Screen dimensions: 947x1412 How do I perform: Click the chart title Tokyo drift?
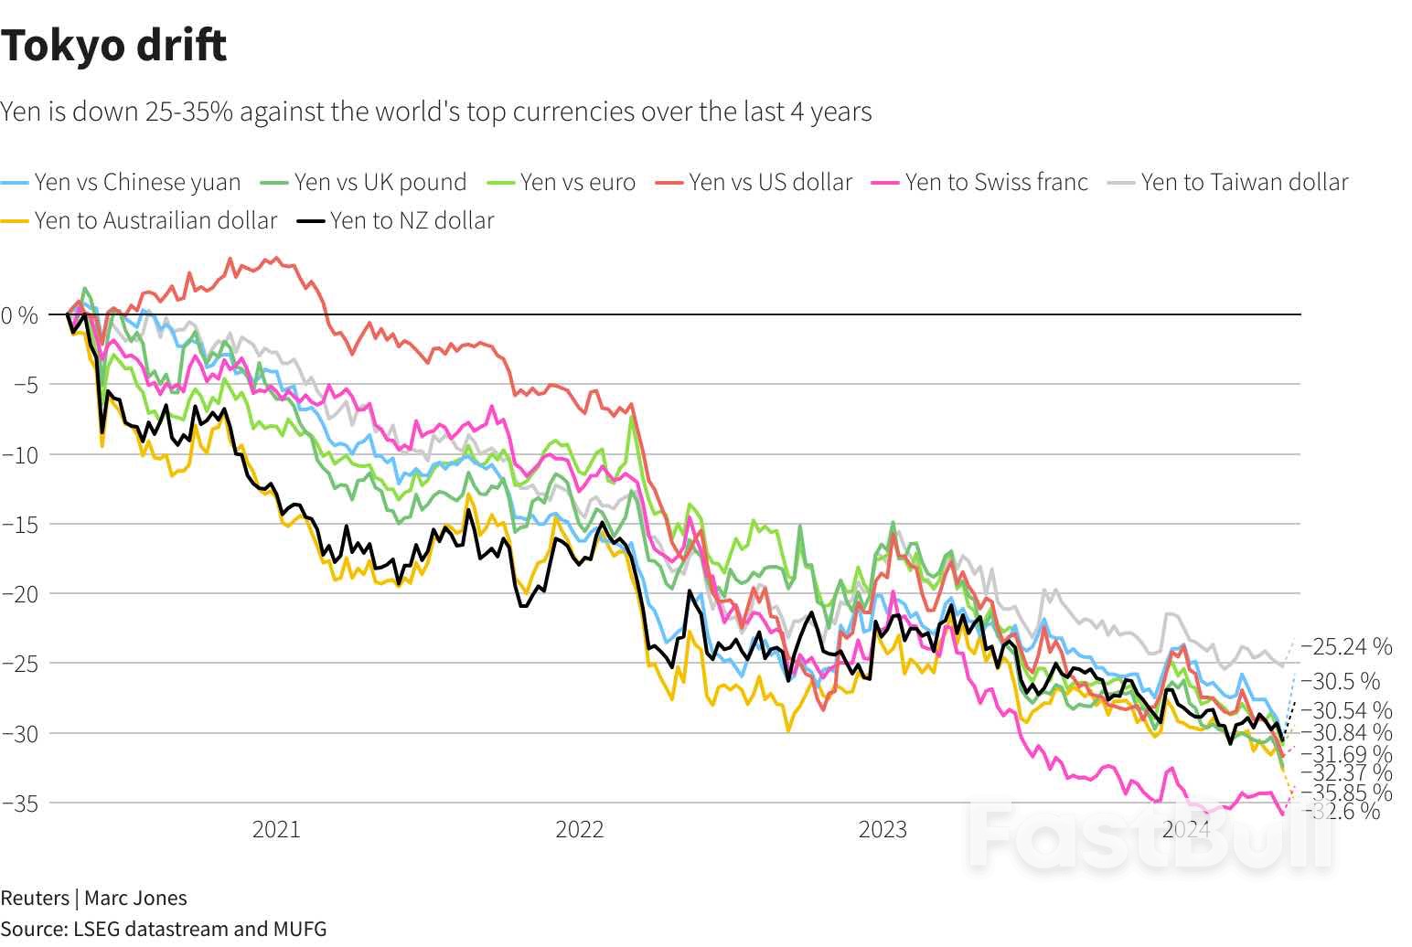pos(113,46)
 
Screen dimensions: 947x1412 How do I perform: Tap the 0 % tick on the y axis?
pos(20,316)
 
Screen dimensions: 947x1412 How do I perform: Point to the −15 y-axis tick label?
pos(20,525)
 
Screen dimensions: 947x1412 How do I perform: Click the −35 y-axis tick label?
pos(20,803)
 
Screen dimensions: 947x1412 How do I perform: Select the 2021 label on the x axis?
pos(276,829)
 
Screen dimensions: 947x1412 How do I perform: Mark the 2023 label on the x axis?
pos(882,829)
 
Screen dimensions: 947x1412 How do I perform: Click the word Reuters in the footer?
pos(34,898)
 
